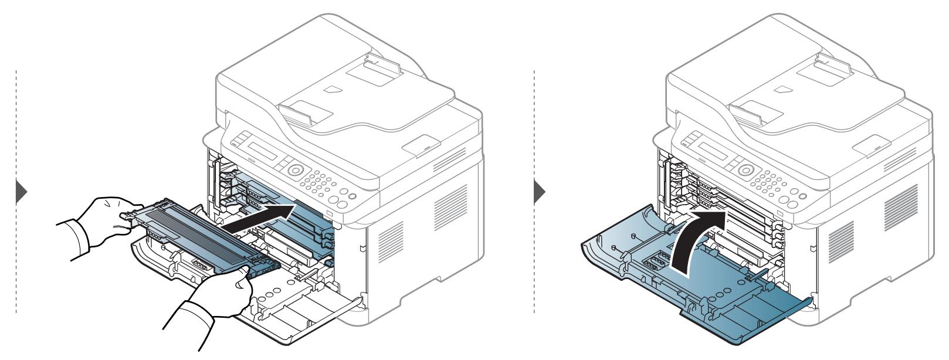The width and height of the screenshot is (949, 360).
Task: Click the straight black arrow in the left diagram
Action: [x=258, y=218]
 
